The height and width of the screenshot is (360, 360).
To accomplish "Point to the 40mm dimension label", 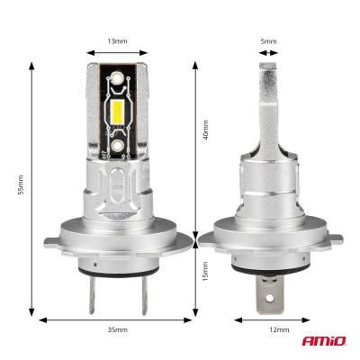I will click(205, 130).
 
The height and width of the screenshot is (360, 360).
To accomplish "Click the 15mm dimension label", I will click(205, 269).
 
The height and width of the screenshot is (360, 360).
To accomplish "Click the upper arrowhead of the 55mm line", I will click(33, 66).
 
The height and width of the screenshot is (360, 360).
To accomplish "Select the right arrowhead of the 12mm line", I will click(293, 318).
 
